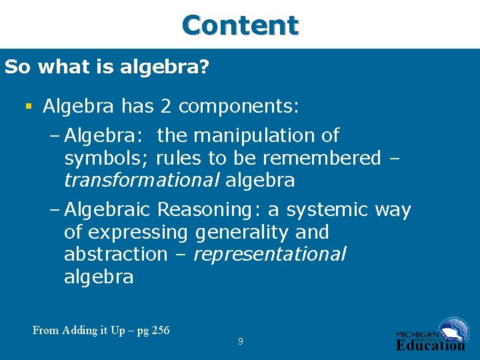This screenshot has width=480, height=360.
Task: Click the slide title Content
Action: tap(240, 25)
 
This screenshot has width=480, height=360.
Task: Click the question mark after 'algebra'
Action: tap(205, 67)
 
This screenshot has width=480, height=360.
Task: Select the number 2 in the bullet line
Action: tap(165, 106)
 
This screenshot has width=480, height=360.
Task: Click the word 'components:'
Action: tap(239, 107)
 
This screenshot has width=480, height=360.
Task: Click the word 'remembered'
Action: tap(322, 159)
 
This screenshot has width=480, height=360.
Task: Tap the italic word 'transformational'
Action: tap(141, 181)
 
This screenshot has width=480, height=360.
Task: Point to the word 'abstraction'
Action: tap(115, 255)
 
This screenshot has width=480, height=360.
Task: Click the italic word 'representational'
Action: tap(269, 255)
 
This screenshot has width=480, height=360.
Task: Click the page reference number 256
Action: tap(161, 330)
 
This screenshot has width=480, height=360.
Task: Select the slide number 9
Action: tap(240, 342)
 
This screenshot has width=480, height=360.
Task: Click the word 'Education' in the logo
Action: tap(431, 345)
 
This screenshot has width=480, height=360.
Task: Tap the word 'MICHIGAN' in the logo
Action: tap(417, 334)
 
